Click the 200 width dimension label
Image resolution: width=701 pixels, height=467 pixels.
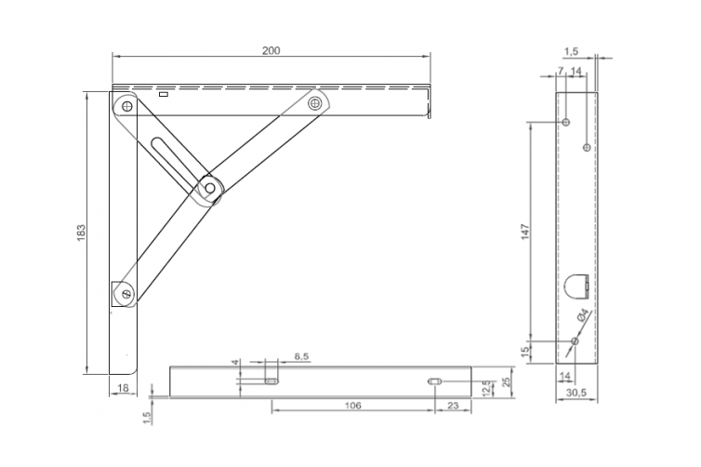point(271,49)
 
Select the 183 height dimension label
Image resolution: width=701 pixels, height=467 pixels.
point(81,231)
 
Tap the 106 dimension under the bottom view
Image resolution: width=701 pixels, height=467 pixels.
point(352,406)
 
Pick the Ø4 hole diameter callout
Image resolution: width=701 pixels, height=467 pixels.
point(583,316)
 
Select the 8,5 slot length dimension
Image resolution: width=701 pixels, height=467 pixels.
point(302,356)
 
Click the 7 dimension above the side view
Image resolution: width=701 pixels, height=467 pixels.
point(561,71)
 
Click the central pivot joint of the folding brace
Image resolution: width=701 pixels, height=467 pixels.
point(211,188)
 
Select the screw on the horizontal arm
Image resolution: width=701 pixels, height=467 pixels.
point(317,102)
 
